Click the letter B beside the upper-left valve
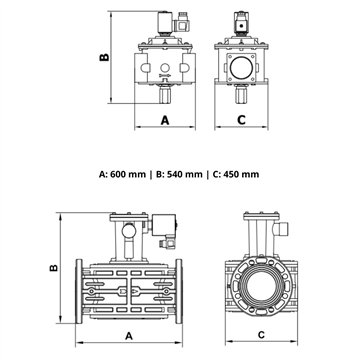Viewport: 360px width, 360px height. coord(103,58)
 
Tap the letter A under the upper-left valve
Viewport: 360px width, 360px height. coord(163,119)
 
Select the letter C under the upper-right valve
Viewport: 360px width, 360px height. coord(243,119)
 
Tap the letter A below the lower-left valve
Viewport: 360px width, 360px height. coord(128,335)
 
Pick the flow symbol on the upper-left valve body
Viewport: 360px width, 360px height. coord(163,72)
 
